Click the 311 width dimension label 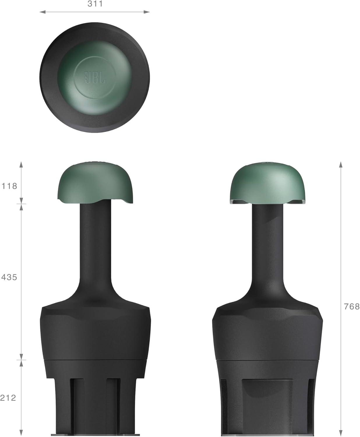[95, 4]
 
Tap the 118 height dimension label [10, 186]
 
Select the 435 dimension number [9, 277]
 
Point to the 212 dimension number [8, 398]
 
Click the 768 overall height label [352, 306]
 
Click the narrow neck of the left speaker [96, 248]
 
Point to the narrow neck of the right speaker [267, 248]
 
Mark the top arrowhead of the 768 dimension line [340, 164]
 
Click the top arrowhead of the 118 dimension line [21, 164]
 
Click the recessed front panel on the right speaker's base [267, 405]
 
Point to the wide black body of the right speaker [267, 332]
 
